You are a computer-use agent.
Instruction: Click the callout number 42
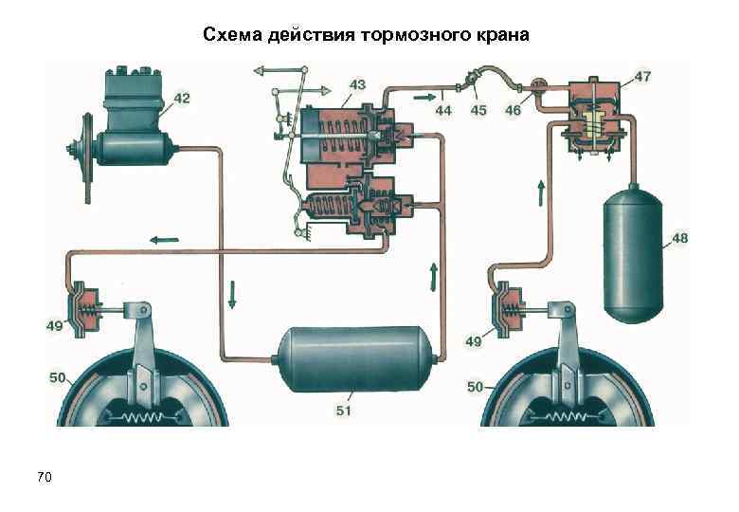[180, 98]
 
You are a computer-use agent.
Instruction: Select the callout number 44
[442, 110]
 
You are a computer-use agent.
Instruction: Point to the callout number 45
[478, 110]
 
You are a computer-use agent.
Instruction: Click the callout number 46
[513, 110]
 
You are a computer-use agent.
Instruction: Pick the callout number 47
[642, 76]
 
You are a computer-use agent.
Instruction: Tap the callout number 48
[680, 238]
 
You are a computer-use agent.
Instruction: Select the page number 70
[44, 475]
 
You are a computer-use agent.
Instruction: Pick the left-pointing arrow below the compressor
[158, 238]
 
